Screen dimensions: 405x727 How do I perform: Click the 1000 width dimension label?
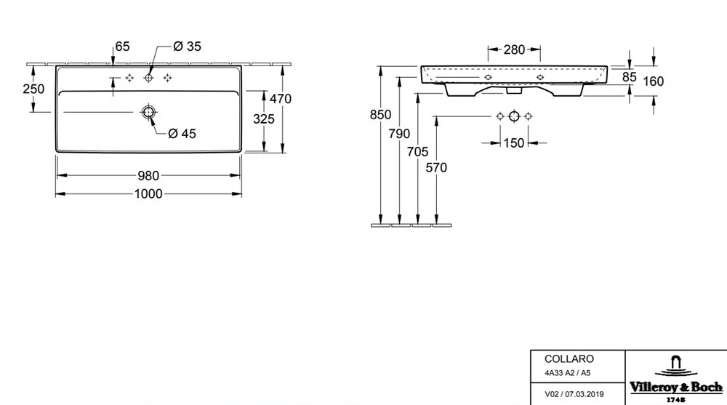point(148,193)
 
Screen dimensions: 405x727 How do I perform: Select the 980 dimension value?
point(148,176)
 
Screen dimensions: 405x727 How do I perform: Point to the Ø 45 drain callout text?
point(182,133)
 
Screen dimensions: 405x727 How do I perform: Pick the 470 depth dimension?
point(280,99)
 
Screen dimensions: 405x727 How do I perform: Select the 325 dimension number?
point(262,119)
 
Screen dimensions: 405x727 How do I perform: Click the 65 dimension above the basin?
point(122,47)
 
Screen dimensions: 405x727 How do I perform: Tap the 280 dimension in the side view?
point(514,50)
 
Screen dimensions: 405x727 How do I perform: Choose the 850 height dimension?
point(379,115)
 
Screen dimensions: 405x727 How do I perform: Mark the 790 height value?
point(399,134)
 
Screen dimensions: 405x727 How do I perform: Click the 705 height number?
point(417,151)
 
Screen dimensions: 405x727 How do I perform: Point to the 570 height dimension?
point(435,168)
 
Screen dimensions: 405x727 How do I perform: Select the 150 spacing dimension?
point(514,143)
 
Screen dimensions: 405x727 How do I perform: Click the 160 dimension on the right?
point(654,82)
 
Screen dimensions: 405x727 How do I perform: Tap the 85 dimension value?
point(630,76)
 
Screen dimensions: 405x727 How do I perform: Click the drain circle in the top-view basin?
point(148,112)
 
